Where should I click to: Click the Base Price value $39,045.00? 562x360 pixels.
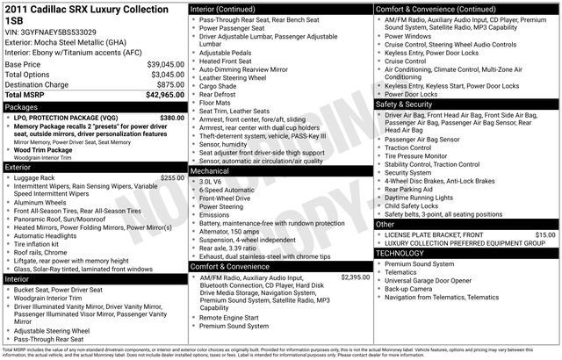pyautogui.click(x=160, y=65)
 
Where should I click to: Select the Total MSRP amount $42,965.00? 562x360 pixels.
pyautogui.click(x=159, y=94)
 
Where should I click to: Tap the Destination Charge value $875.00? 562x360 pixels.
pyautogui.click(x=166, y=84)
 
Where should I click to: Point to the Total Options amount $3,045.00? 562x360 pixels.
pyautogui.click(x=162, y=75)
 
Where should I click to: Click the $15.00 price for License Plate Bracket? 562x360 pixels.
pyautogui.click(x=545, y=235)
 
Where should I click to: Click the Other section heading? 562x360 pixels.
pyautogui.click(x=385, y=225)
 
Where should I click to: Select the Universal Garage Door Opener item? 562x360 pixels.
pyautogui.click(x=434, y=280)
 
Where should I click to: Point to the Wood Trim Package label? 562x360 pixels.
pyautogui.click(x=46, y=150)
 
